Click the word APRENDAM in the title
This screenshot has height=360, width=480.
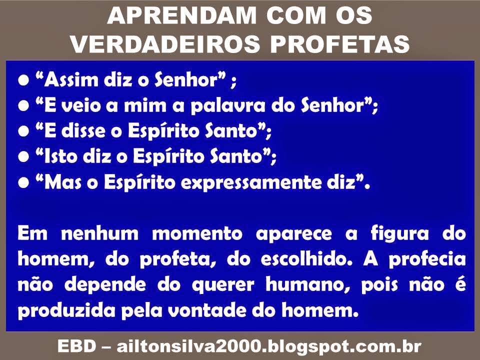click(182, 15)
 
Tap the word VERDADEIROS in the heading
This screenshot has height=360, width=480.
click(165, 43)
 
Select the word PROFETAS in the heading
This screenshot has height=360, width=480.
click(340, 43)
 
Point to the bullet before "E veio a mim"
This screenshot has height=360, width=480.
click(23, 106)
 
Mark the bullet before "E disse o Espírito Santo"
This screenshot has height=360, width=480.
click(23, 131)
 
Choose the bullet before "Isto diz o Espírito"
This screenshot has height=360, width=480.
click(23, 156)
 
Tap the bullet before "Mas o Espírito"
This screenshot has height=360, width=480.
click(23, 183)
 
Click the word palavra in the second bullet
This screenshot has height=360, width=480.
click(228, 106)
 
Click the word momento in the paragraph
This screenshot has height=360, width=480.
click(197, 234)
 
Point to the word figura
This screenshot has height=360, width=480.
click(400, 234)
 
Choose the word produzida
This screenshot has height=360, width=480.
click(66, 311)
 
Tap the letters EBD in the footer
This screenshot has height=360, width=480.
click(77, 346)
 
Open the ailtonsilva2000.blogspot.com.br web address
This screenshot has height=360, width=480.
click(269, 347)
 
